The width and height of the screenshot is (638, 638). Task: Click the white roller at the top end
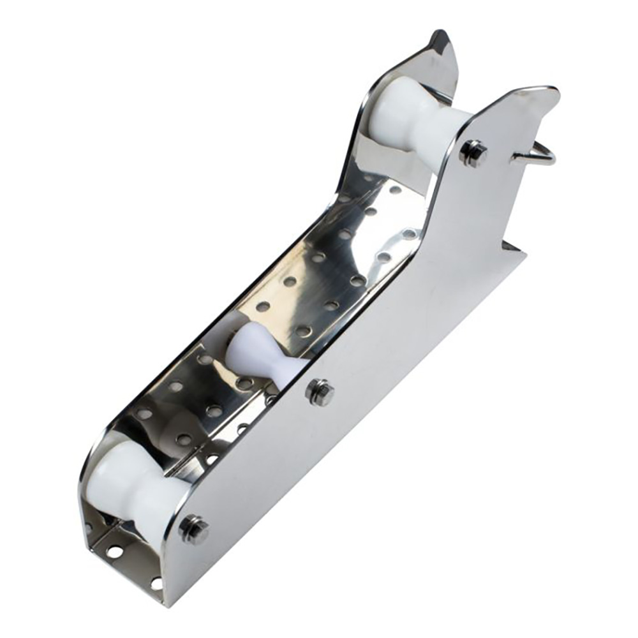[415, 121]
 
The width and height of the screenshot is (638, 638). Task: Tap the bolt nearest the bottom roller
[194, 529]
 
